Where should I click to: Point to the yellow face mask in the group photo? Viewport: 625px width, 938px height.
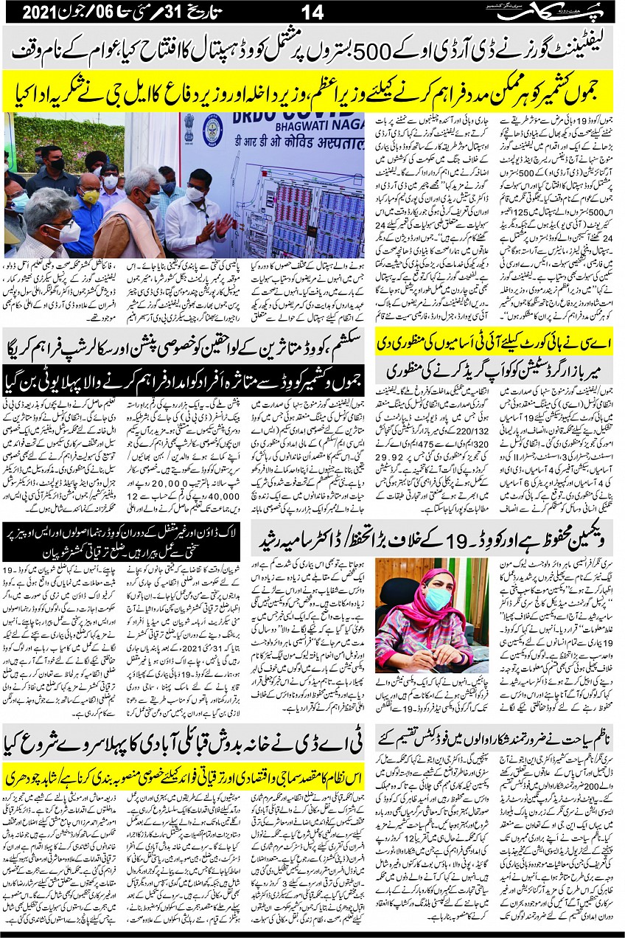coord(90,196)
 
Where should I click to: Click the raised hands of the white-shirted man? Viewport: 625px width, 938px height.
coord(220,225)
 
